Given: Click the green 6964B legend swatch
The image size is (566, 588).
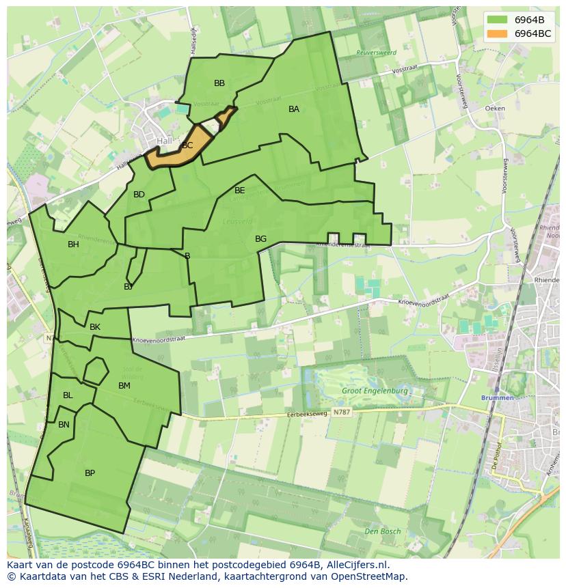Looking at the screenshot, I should [497, 20].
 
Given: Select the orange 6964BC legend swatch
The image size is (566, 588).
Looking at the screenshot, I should [497, 33].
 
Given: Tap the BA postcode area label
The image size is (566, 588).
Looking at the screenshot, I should [294, 109].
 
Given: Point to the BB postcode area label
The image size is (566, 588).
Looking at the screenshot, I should [219, 83].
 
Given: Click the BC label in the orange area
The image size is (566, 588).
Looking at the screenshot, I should [187, 145].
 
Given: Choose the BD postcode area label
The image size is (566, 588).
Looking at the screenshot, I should [139, 195].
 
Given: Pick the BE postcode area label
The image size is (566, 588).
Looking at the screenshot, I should [239, 191].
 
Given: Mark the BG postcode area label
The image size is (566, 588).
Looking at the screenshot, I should [260, 239].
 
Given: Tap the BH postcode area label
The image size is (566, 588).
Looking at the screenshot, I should [73, 244].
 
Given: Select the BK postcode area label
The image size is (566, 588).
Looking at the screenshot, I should [95, 327].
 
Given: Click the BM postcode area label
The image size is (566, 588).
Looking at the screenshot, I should [124, 386].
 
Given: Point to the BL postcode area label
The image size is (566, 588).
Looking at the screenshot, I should [68, 395].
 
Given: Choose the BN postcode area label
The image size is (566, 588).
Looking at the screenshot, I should [64, 425].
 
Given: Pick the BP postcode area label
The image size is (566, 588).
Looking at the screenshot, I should [90, 473].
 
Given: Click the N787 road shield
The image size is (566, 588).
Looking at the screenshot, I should [341, 412].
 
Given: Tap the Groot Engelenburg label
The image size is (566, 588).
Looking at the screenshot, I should [375, 391].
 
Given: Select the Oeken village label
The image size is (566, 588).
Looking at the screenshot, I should [494, 109].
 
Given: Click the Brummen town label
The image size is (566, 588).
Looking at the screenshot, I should [497, 397].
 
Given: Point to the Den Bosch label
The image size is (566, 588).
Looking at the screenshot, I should [382, 531].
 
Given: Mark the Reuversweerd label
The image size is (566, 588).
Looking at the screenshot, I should [376, 53].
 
